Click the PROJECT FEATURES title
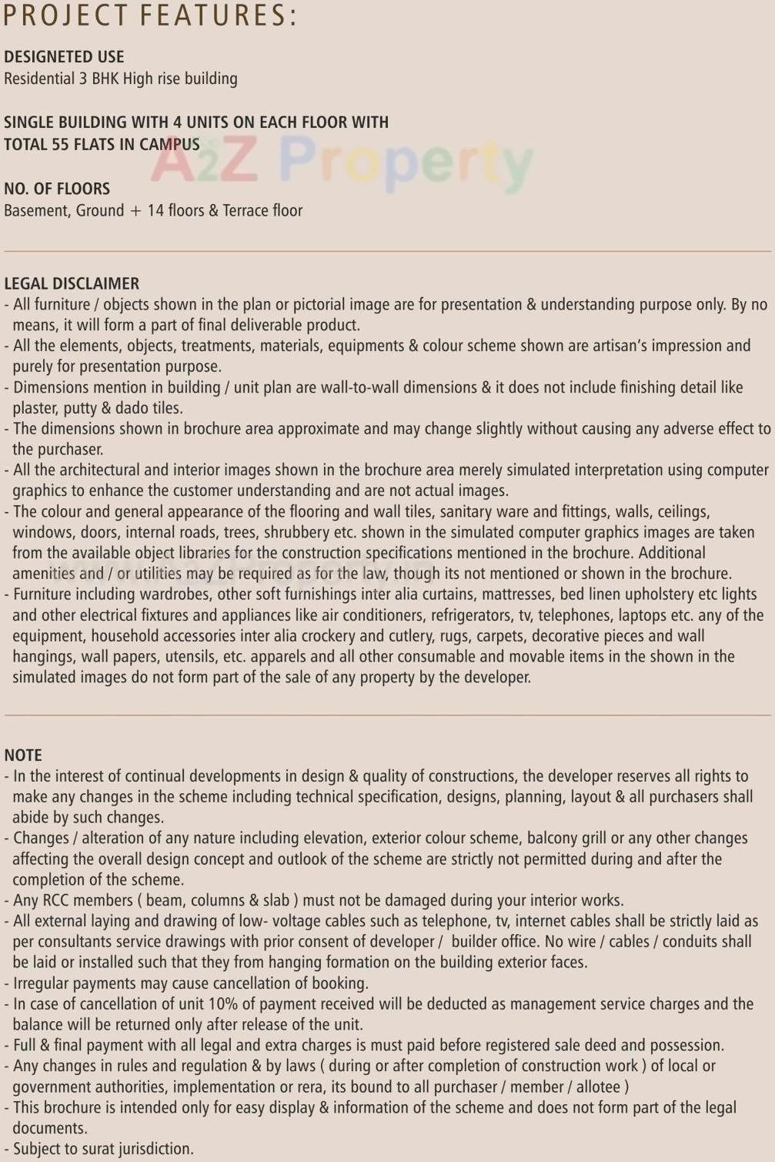tap(150, 15)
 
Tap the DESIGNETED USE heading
tap(64, 56)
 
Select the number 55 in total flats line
tap(60, 144)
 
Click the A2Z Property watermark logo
tap(342, 162)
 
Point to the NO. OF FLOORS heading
tap(57, 189)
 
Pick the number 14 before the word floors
tap(155, 210)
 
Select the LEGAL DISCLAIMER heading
tap(72, 283)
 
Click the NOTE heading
tap(23, 755)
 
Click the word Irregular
tap(44, 983)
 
